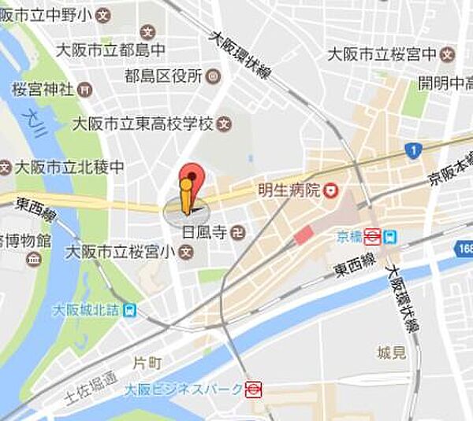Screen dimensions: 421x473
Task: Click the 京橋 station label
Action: [348, 235]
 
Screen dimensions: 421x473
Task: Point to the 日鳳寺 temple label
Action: [204, 232]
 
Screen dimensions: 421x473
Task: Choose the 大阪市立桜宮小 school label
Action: [121, 253]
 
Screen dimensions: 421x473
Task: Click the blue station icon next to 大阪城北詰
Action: [129, 310]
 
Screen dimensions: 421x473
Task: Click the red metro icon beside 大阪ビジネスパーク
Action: [253, 388]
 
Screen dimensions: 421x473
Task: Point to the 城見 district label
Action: [392, 352]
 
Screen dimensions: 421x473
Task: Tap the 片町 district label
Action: [147, 364]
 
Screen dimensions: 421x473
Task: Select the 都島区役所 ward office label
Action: [163, 76]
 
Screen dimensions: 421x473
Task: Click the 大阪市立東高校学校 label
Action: [143, 124]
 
